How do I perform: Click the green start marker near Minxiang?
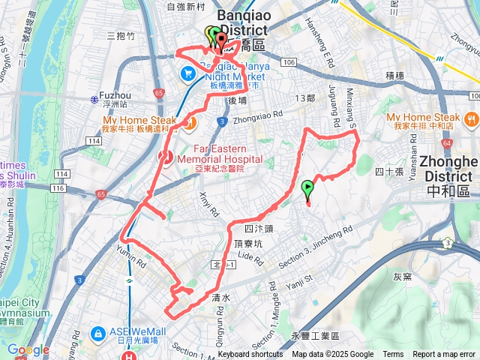coord(307,187)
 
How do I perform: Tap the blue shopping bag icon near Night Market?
coord(187,73)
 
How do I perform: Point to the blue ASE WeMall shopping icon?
coord(97,332)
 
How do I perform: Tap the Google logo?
coord(28,349)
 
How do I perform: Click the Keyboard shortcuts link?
coord(250,355)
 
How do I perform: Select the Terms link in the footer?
coord(393,355)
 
